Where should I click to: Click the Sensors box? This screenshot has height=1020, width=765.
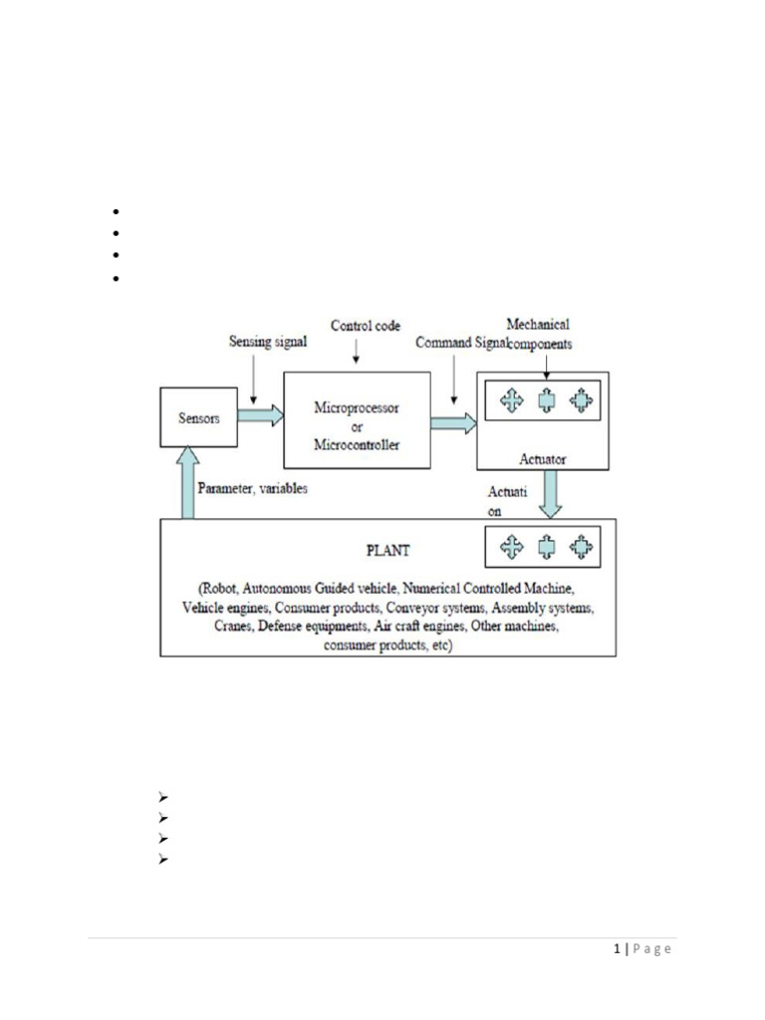pos(200,419)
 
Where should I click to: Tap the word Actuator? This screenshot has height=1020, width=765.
pos(542,459)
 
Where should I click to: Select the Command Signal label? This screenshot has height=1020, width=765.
pos(459,342)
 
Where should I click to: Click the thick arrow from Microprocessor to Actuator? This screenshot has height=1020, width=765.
pos(453,423)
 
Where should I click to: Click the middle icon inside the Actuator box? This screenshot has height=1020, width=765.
pos(545,400)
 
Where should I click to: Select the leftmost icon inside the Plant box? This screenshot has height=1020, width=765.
pos(511,546)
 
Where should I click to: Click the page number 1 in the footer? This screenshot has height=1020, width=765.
pos(618,948)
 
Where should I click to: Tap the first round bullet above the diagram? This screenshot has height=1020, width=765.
pos(116,212)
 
